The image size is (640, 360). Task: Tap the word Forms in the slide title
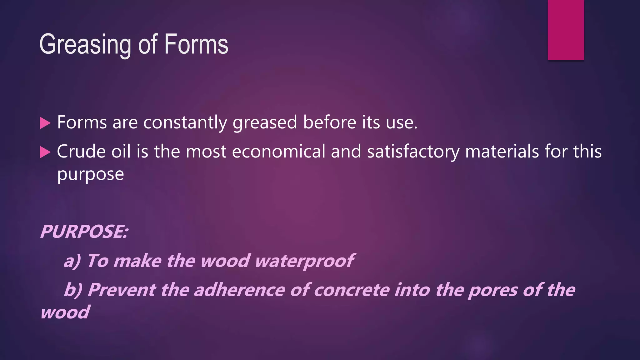196,44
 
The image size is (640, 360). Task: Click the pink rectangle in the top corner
566,30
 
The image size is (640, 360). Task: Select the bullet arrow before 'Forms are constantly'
45,123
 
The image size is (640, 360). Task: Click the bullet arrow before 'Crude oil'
45,152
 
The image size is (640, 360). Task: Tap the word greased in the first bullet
265,122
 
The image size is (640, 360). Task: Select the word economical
279,152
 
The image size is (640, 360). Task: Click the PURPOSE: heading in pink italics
84,232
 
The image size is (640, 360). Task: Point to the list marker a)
72,261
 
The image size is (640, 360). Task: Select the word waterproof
304,261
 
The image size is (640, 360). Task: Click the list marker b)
73,290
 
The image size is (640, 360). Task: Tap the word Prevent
121,290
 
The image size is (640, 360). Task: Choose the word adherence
239,290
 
